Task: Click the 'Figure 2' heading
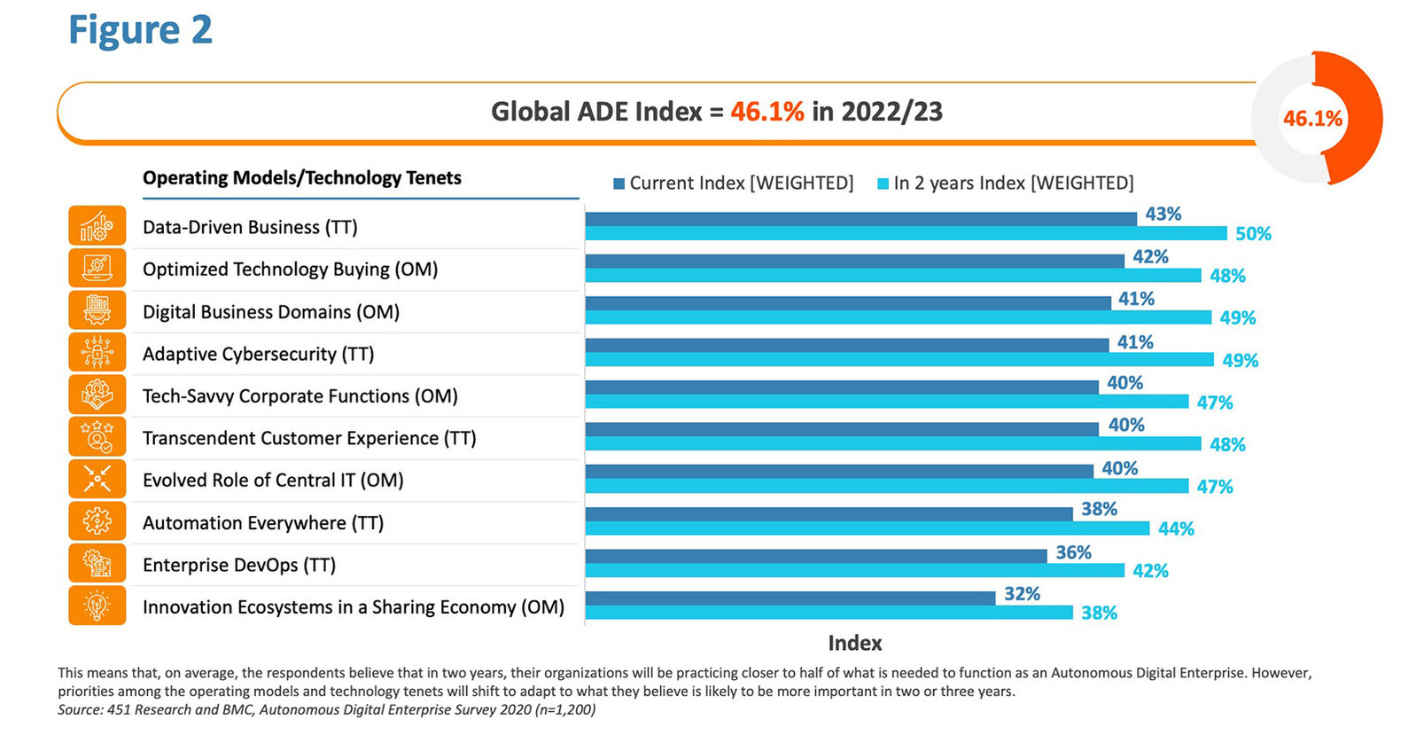pos(140,30)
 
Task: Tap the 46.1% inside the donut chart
pos(1312,118)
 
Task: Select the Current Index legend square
pos(619,184)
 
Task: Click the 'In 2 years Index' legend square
pos(883,184)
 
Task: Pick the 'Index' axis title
pos(854,643)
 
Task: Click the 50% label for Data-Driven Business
pos(1253,234)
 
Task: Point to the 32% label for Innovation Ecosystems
pos(1022,594)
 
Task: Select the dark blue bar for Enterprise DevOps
pos(815,556)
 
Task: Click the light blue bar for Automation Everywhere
pos(867,528)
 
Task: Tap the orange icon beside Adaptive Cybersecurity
pos(97,352)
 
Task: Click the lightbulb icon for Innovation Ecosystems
pos(97,606)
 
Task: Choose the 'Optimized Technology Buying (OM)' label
pos(290,270)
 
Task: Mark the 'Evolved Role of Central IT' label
pos(273,481)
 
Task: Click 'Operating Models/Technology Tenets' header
pos(301,178)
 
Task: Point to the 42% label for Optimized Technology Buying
pos(1150,257)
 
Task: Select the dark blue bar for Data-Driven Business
pos(860,219)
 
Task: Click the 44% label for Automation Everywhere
pos(1176,529)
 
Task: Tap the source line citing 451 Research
pos(326,710)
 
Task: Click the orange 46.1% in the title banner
pos(767,112)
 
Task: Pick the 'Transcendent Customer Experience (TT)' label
pos(309,439)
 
